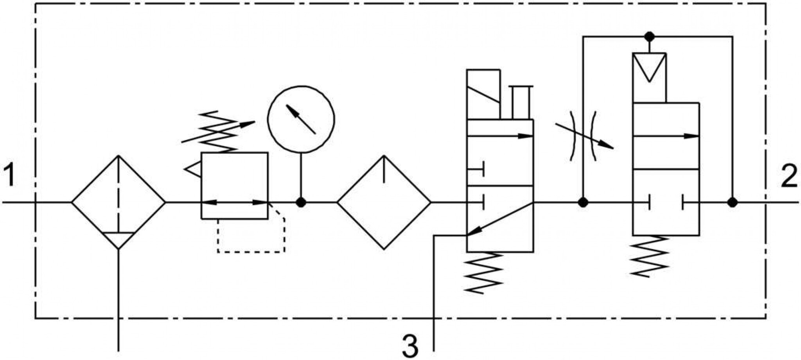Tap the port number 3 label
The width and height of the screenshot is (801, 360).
[410, 346]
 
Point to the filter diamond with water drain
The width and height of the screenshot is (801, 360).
[119, 202]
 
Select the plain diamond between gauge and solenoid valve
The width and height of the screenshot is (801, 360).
[384, 202]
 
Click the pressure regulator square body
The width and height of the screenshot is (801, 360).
[235, 186]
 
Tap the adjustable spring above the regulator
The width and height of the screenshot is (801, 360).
[217, 132]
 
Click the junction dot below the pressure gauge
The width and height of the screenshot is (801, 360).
[301, 202]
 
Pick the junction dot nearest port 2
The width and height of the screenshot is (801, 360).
[733, 202]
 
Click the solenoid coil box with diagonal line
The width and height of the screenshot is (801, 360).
[483, 94]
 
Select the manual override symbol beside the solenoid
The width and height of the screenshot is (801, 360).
[521, 102]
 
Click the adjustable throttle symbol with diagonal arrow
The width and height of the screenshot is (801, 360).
[583, 136]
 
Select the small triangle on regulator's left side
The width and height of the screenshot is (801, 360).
[192, 170]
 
